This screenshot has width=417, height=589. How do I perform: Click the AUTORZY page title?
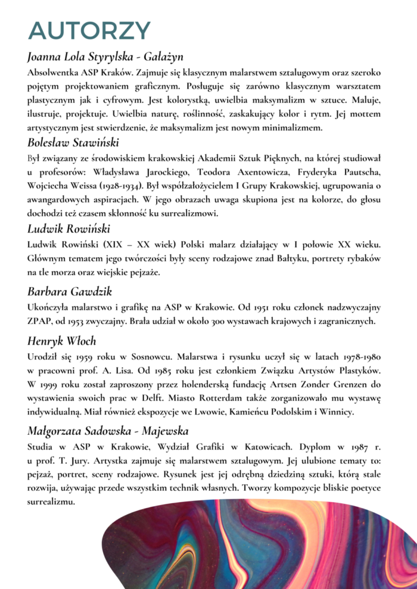(89, 30)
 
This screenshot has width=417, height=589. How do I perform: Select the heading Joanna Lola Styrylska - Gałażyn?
(105, 57)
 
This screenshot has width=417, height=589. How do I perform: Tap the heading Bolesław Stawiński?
(73, 141)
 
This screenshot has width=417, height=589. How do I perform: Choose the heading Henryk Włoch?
(62, 341)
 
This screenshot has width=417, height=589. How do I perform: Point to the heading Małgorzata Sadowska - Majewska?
(108, 430)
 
